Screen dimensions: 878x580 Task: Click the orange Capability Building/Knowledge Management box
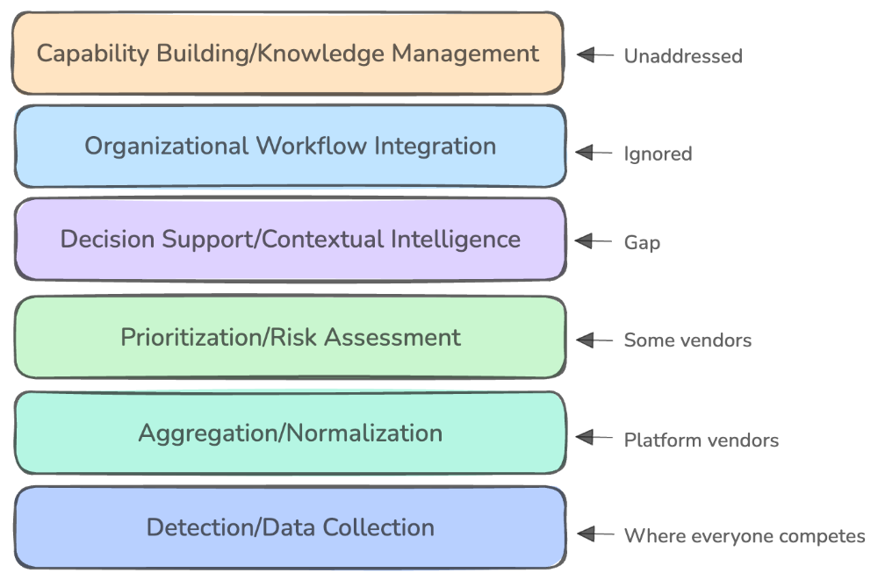288,54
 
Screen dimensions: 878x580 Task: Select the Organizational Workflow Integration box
290,147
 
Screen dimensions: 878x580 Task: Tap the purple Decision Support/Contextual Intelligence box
290,239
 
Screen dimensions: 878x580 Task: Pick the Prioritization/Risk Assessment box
290,337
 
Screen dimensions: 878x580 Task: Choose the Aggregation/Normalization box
290,433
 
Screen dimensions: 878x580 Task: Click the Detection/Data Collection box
290,527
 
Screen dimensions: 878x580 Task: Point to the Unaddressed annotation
683,56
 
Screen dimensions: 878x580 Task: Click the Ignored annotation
658,154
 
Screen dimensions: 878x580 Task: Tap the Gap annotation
643,242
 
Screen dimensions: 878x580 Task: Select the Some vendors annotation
687,340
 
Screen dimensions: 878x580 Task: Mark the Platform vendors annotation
701,440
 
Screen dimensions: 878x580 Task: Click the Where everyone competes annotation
745,536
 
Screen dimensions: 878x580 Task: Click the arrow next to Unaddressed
595,55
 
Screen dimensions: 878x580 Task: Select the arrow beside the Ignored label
594,153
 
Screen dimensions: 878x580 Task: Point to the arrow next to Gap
594,241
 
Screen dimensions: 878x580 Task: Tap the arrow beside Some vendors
594,340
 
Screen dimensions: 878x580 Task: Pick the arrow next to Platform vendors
594,437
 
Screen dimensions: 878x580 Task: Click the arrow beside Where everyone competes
595,534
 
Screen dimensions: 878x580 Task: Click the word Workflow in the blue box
312,147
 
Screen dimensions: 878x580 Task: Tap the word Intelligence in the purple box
456,240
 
